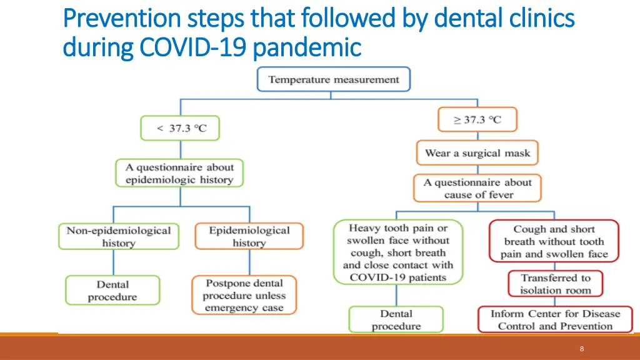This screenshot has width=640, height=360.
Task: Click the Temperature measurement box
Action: (x=333, y=80)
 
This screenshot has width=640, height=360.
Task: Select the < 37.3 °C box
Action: (x=180, y=128)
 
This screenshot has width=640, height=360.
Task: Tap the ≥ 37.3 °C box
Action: (x=477, y=119)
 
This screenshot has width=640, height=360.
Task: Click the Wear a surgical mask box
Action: (x=477, y=153)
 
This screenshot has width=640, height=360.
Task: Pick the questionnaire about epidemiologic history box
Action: (x=179, y=173)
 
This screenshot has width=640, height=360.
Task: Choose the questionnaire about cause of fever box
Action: (x=477, y=189)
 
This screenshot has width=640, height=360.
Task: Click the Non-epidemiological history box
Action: (x=118, y=237)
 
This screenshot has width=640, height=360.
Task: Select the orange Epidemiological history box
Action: (x=249, y=237)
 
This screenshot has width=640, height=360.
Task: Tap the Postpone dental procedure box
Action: (x=244, y=296)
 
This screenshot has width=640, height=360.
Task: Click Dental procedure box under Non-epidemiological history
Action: (x=112, y=291)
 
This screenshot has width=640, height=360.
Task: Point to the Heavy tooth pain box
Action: (x=397, y=252)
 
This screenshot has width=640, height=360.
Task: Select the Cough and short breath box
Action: (x=554, y=241)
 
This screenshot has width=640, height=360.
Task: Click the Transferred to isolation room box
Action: (x=555, y=284)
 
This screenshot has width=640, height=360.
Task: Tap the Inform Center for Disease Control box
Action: (x=555, y=320)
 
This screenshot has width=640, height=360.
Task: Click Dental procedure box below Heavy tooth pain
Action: (x=396, y=319)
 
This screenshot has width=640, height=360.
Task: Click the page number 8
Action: (x=581, y=349)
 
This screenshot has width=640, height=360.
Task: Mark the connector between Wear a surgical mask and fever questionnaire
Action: (x=477, y=169)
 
